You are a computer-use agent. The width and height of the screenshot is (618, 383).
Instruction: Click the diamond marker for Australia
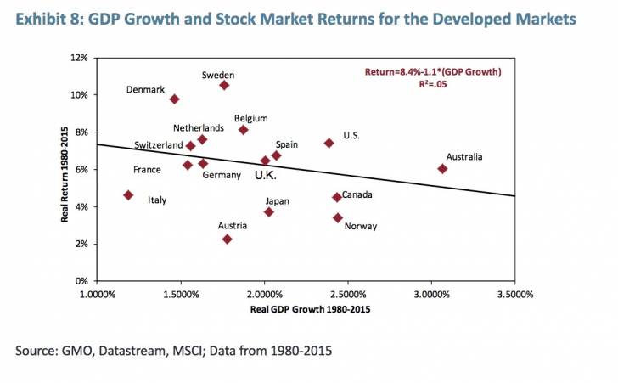tap(442, 169)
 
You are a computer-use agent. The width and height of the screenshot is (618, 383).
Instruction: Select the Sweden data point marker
tap(224, 85)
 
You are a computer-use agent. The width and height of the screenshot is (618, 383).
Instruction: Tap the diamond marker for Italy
tap(128, 195)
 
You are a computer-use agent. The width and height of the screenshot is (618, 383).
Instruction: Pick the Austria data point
tap(227, 239)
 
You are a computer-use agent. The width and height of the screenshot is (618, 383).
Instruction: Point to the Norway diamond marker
tap(338, 218)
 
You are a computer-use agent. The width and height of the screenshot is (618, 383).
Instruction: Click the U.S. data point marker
tap(329, 144)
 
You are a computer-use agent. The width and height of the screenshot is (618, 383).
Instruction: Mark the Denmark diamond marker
tap(174, 99)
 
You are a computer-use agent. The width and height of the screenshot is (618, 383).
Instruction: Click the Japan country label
tap(278, 201)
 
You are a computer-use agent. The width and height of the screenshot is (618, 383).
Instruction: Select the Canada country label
tap(358, 194)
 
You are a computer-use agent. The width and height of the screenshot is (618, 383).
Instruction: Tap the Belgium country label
tap(251, 118)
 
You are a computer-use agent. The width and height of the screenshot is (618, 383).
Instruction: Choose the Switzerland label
tap(158, 145)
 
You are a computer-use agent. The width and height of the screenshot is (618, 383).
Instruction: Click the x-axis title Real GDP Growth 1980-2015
tap(310, 310)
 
